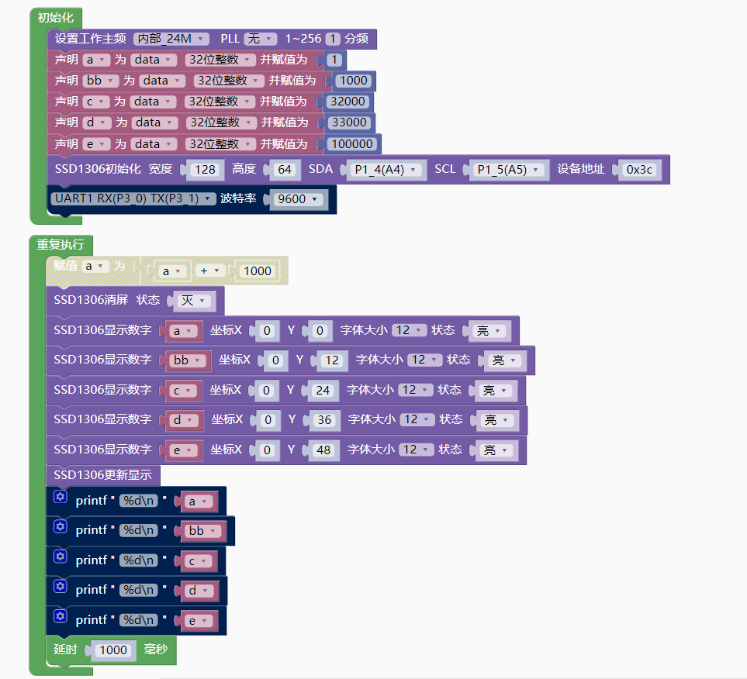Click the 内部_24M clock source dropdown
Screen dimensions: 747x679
click(171, 39)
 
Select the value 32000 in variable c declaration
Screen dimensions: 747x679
click(348, 102)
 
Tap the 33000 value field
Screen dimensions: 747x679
click(349, 122)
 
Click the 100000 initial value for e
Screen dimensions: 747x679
click(352, 144)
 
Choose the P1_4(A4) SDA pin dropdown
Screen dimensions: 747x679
click(385, 170)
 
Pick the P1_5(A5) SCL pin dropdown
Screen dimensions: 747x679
click(508, 170)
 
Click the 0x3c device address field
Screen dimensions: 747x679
click(639, 170)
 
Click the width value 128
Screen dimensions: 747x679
click(205, 170)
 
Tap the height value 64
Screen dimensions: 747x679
click(285, 170)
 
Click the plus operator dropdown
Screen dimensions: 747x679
click(209, 271)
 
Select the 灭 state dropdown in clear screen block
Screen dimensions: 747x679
click(193, 301)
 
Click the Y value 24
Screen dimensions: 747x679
click(323, 391)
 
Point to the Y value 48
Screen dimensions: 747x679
click(323, 450)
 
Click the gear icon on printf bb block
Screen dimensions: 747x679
click(60, 526)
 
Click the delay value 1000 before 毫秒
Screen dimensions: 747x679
click(113, 650)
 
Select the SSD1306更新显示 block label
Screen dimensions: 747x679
click(102, 474)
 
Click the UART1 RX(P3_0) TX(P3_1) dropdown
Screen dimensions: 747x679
click(133, 198)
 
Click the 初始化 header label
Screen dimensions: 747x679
click(55, 18)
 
